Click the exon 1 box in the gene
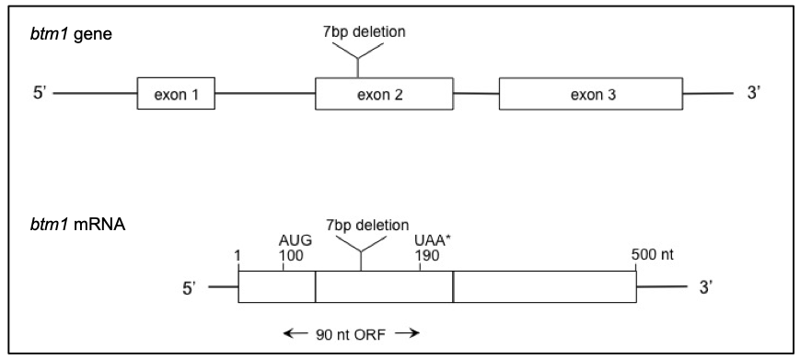pos(177,94)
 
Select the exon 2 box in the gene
pos(384,94)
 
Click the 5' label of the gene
pos(40,94)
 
